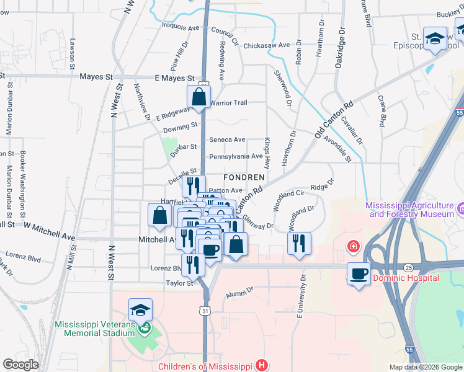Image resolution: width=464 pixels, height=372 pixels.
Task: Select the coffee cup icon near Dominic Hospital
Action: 358,273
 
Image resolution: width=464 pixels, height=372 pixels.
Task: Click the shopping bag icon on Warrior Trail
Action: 199,97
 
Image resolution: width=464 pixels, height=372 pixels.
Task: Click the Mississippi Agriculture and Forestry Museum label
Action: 410,210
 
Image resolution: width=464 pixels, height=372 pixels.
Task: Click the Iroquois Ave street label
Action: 180,28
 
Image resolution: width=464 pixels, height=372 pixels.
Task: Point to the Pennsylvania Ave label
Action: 236,156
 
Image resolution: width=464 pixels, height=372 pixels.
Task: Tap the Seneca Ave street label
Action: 227,140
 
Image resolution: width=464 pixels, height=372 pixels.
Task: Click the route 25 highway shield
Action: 408,267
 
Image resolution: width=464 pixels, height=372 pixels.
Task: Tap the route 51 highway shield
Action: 205,308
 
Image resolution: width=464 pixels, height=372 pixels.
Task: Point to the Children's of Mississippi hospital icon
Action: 262,365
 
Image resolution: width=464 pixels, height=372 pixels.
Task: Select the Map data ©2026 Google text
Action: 426,367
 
